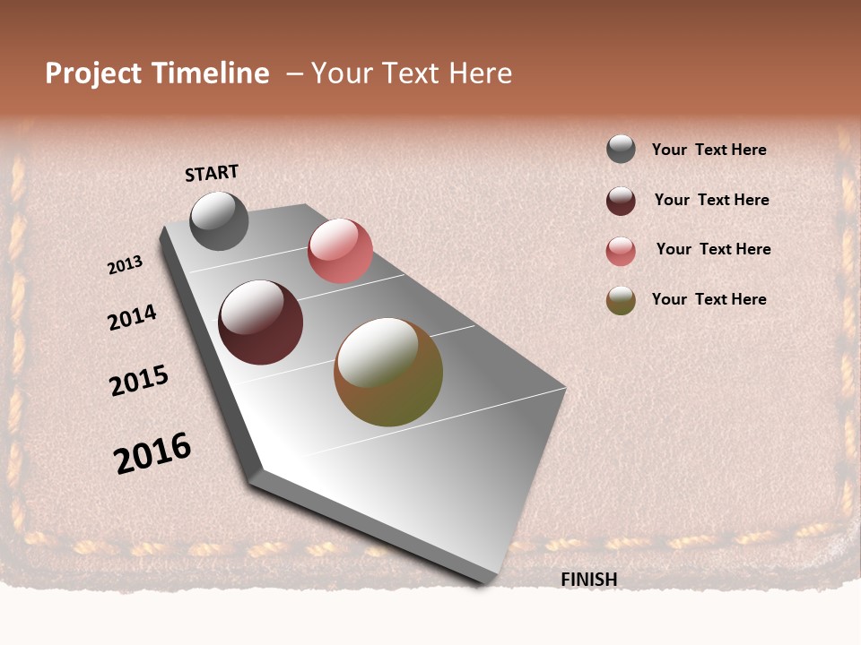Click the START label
pyautogui.click(x=212, y=172)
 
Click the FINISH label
pyautogui.click(x=589, y=580)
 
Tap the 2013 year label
pyautogui.click(x=126, y=265)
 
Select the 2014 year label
pyautogui.click(x=132, y=317)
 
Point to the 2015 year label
pyautogui.click(x=139, y=382)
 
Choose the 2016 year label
pyautogui.click(x=152, y=453)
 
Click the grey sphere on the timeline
pyautogui.click(x=219, y=220)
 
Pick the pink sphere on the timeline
pyautogui.click(x=340, y=250)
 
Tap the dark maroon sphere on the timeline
pyautogui.click(x=260, y=322)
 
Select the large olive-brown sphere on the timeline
pyautogui.click(x=388, y=372)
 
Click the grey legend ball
pyautogui.click(x=621, y=149)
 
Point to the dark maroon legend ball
pyautogui.click(x=621, y=201)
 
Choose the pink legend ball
pyautogui.click(x=621, y=251)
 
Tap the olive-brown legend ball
pyautogui.click(x=621, y=300)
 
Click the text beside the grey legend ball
pyautogui.click(x=709, y=150)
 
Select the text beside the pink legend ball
pyautogui.click(x=713, y=249)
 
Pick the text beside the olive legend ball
pyautogui.click(x=709, y=299)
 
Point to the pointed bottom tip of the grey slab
pyautogui.click(x=485, y=580)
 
